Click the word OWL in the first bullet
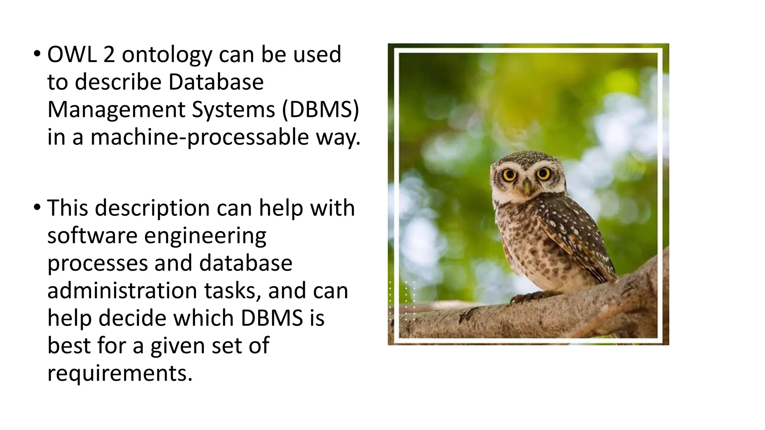tap(71, 54)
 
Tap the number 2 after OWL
tap(109, 54)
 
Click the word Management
tap(116, 110)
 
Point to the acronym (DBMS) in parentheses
tap(320, 110)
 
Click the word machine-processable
tap(200, 137)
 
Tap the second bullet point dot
tap(37, 208)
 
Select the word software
tap(92, 236)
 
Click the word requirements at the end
tap(120, 373)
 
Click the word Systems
tap(233, 110)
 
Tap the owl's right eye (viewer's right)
tap(543, 174)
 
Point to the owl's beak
tap(527, 187)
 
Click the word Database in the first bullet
tap(216, 82)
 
